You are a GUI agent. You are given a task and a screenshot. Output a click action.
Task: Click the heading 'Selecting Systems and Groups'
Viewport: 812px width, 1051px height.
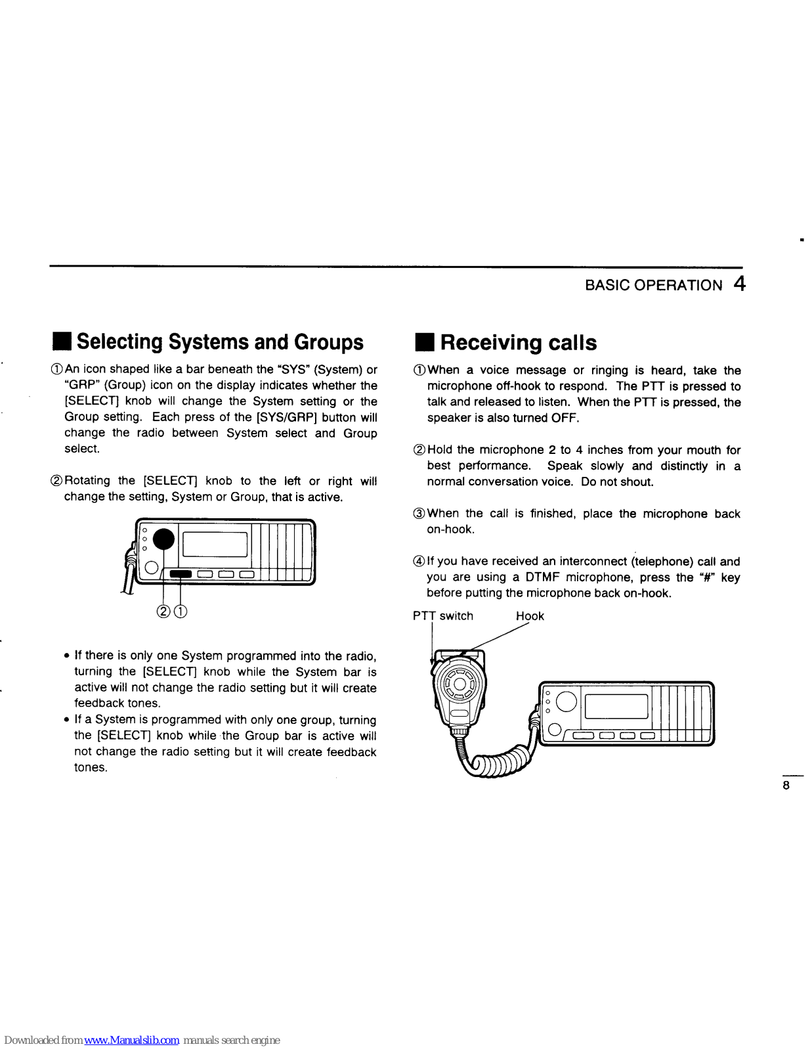[220, 342]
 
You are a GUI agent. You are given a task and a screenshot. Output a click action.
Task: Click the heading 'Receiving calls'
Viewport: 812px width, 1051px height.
[518, 343]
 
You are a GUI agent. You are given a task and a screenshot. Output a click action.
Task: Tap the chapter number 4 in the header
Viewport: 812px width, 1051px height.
[740, 284]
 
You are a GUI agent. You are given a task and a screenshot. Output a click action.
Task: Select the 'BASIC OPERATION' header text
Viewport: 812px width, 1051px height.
[653, 285]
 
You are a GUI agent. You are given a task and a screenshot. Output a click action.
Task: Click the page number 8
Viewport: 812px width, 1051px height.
[786, 786]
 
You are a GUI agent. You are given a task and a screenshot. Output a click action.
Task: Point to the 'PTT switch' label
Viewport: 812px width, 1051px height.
[442, 616]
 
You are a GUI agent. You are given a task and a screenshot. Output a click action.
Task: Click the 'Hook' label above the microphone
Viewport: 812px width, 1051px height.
[530, 616]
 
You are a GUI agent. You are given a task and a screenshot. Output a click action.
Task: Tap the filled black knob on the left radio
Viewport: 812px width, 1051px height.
[163, 539]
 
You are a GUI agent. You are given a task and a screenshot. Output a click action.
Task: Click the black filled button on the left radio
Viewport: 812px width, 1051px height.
[181, 575]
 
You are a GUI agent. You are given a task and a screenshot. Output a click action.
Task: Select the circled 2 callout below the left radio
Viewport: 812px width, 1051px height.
[163, 612]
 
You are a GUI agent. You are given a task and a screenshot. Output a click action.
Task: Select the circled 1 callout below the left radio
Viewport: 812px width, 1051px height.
[181, 612]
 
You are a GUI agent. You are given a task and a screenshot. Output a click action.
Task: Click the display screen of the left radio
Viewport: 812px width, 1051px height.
[215, 544]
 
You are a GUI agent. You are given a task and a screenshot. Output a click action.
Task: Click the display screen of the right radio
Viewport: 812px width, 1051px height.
[616, 706]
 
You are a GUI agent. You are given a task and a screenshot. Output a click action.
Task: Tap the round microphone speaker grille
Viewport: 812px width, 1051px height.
[459, 684]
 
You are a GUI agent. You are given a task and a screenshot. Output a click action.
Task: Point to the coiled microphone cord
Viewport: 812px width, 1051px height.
[499, 763]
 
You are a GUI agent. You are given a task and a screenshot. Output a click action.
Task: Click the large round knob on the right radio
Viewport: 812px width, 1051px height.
[566, 702]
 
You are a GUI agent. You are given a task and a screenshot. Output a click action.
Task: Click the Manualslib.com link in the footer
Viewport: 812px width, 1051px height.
[132, 1040]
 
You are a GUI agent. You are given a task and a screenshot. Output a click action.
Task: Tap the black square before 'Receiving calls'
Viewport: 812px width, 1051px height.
[425, 343]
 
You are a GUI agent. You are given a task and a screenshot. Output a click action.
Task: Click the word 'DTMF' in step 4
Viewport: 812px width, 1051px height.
[542, 577]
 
